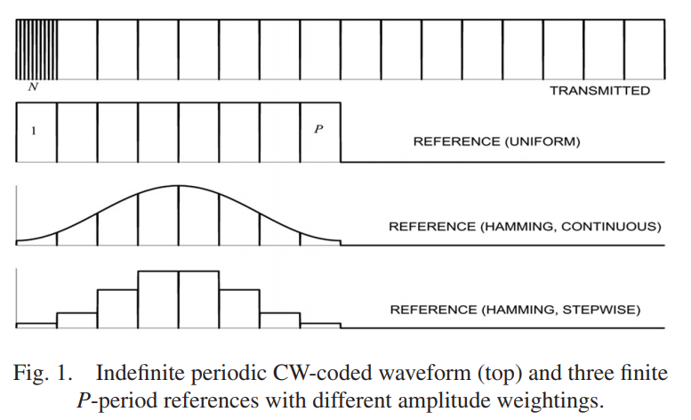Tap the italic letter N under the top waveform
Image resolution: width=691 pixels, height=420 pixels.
[33, 87]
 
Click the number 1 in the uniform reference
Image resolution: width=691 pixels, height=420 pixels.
[34, 132]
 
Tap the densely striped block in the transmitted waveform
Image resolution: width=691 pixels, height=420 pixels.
[36, 49]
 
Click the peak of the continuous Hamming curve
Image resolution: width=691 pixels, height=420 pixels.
[179, 185]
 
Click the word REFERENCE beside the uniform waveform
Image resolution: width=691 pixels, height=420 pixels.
[452, 141]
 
